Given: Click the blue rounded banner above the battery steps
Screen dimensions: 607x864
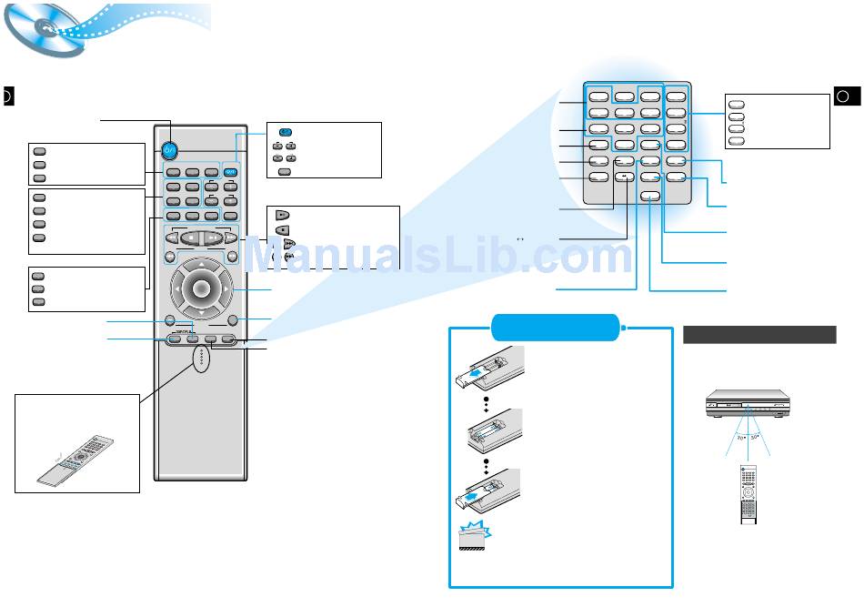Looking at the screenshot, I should [x=555, y=326].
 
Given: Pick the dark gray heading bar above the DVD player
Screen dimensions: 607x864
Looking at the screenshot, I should [x=759, y=334].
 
